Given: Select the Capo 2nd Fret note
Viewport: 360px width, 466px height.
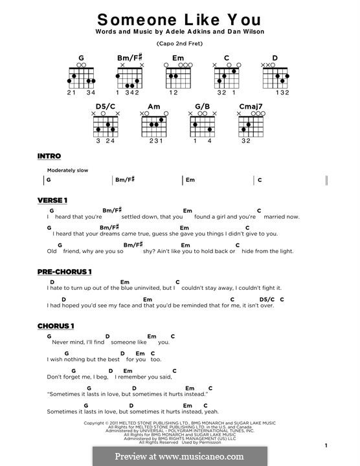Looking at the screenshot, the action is coord(179,44).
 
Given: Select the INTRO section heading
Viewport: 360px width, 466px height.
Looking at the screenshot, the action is coord(49,156).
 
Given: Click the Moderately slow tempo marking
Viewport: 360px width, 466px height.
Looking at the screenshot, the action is coord(67,170).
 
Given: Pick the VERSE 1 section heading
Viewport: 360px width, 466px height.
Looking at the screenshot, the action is coord(52,200).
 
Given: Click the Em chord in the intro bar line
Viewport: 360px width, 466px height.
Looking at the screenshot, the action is coord(190,181).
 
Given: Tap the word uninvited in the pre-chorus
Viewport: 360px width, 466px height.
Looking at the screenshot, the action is coord(148,287).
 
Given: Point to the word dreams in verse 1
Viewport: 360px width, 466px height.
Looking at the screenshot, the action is coord(108,234).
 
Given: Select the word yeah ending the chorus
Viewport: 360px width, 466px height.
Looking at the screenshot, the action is coord(210,411).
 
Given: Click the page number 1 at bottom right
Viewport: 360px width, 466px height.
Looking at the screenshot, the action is coord(326,445).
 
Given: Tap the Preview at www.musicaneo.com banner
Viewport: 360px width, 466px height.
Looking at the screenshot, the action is coord(179,456).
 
